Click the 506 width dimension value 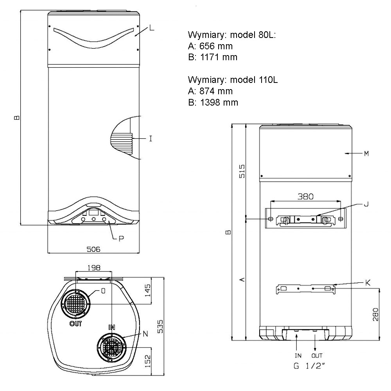(x=93, y=249)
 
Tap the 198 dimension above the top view (x=94, y=267)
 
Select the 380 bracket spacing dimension (x=305, y=197)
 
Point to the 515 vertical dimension (x=242, y=171)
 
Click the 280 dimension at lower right (x=375, y=314)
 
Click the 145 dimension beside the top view (x=148, y=290)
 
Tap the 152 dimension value (x=148, y=361)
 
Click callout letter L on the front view (x=152, y=28)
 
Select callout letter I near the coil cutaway (x=151, y=138)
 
